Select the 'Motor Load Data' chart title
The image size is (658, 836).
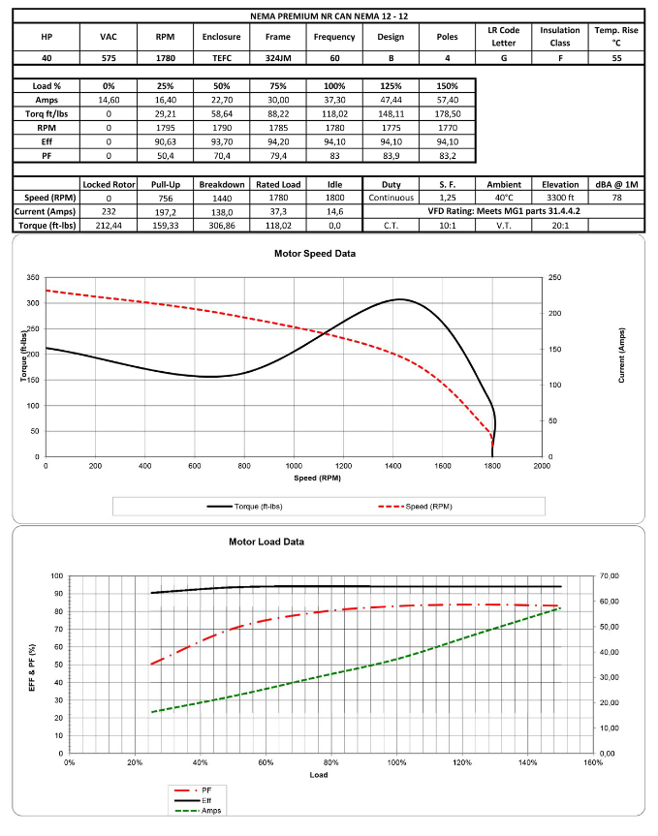(266, 542)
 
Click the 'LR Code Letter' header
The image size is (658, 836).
(505, 37)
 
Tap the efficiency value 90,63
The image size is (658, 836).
(165, 140)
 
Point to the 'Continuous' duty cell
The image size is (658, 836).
(391, 198)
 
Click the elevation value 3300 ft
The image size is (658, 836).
(560, 198)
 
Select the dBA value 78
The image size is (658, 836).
(617, 198)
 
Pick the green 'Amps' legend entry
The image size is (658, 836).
(212, 810)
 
